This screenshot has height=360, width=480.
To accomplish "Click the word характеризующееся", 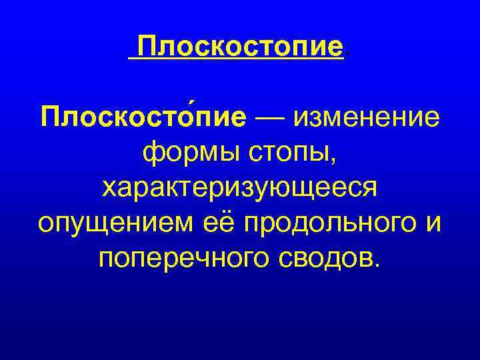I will tap(240, 188).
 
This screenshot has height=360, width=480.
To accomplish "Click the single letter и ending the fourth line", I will tap(433, 223).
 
